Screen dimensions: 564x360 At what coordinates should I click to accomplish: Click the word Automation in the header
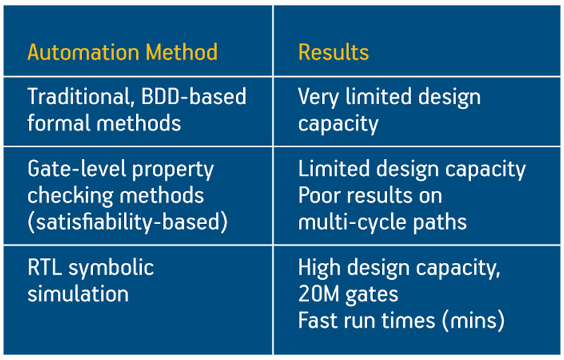coord(83,52)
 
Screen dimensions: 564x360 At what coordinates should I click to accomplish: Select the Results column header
coord(333,52)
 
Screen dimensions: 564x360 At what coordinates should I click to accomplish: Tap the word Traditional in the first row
coord(79,97)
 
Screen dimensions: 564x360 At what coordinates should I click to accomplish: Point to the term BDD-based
coord(194,97)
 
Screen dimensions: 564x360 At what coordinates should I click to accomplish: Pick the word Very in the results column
coord(319,98)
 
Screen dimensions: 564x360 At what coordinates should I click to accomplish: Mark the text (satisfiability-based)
coord(128,222)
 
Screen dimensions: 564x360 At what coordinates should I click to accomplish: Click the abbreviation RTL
coord(44,268)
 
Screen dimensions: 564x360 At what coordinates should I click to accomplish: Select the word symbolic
coord(111,268)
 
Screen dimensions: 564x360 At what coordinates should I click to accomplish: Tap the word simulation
coord(78,294)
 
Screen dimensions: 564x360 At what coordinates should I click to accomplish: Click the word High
coord(319,268)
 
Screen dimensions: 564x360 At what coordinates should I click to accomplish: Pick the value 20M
coord(319,294)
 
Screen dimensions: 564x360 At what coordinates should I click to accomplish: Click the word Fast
coord(319,321)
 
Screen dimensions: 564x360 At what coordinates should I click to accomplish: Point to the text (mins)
coord(473,321)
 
